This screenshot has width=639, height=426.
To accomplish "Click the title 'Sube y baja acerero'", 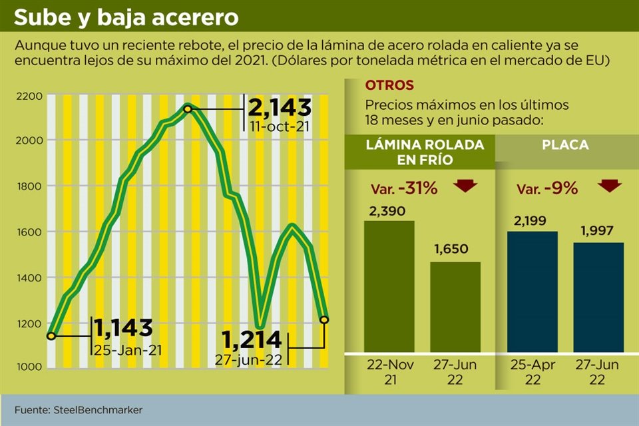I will [x=126, y=18].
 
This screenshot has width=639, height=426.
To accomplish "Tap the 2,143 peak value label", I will [x=280, y=108].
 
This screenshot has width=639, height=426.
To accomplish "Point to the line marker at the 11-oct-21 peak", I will [x=188, y=108].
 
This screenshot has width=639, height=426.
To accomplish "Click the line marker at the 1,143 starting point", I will [x=51, y=335].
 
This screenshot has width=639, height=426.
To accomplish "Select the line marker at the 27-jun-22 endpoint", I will [x=324, y=319].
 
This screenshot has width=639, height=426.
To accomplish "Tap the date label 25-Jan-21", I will [x=128, y=349].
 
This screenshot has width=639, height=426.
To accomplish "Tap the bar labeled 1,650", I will [x=455, y=307].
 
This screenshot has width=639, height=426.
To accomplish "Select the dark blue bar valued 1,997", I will [x=598, y=297].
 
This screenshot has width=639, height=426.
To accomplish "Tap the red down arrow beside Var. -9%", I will [x=608, y=186].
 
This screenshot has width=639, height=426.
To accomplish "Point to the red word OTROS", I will [x=389, y=85].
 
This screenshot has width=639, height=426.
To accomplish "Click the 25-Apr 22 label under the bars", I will [x=532, y=372].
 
